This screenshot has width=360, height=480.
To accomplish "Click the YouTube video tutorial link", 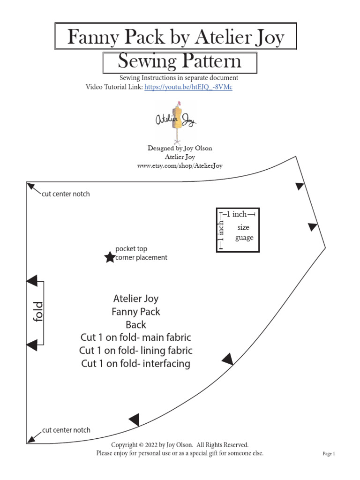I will [x=188, y=87].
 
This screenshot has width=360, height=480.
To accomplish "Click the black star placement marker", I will [x=109, y=257].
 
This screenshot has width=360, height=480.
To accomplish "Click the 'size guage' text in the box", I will [x=244, y=232].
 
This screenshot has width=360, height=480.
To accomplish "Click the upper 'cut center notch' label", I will [x=66, y=194].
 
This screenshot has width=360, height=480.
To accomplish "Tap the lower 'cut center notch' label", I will [x=66, y=430].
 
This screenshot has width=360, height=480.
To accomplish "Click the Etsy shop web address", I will [x=180, y=165].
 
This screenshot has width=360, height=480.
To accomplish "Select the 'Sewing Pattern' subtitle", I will [x=180, y=61].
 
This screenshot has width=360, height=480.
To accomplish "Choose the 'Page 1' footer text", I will [x=329, y=454].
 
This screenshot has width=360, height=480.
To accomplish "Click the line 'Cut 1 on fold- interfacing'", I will [x=136, y=363].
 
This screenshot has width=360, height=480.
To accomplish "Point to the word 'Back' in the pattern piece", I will [x=136, y=324].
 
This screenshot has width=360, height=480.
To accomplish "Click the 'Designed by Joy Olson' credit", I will [x=180, y=148].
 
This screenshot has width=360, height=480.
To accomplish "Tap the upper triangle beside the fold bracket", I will [x=32, y=281].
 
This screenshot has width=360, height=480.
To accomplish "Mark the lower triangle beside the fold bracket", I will [x=32, y=345].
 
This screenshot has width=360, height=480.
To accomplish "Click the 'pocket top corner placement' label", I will [x=141, y=253].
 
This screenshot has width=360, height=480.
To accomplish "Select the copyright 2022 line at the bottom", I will [x=180, y=444].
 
